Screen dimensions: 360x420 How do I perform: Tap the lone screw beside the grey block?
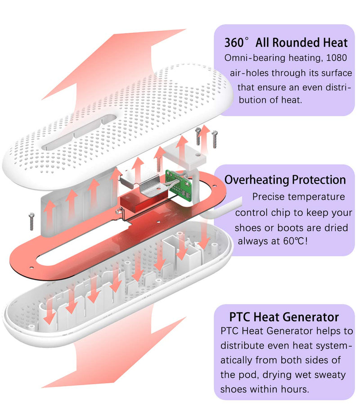click(x=31, y=221)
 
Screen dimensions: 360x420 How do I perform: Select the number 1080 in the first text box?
click(x=337, y=58)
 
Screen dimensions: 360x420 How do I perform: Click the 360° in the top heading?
click(x=236, y=42)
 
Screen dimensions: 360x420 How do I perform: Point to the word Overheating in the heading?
click(x=256, y=180)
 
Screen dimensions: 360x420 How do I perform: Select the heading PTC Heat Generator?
click(x=284, y=317)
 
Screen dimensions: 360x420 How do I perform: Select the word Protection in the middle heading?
click(x=319, y=180)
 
